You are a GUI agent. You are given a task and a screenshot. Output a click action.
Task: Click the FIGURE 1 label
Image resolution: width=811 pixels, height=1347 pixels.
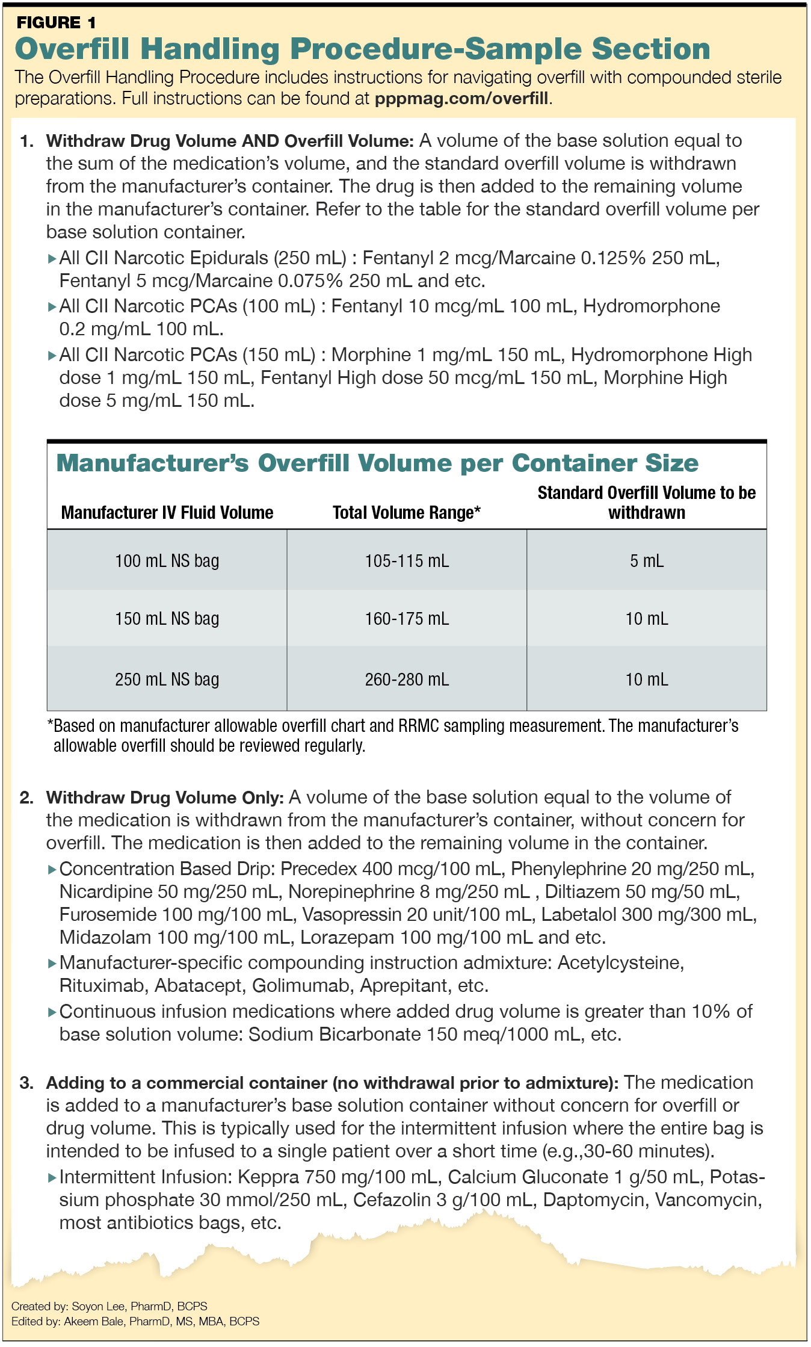56,23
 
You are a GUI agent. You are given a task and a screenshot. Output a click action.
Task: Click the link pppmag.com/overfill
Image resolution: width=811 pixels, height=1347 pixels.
461,99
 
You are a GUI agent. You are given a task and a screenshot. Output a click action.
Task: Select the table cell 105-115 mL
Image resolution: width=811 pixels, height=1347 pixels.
407,561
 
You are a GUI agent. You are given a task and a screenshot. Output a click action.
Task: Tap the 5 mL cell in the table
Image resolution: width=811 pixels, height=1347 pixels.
647,561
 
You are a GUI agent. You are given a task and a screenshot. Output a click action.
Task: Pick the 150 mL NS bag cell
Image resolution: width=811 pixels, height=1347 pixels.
167,619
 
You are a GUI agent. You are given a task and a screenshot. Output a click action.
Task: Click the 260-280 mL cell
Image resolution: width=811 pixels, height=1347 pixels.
407,680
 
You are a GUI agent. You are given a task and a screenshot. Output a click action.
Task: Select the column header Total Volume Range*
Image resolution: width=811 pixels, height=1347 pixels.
407,513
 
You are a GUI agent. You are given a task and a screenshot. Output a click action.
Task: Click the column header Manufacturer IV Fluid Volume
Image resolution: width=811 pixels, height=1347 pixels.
167,513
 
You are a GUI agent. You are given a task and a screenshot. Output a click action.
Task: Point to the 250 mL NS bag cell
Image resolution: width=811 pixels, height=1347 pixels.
167,680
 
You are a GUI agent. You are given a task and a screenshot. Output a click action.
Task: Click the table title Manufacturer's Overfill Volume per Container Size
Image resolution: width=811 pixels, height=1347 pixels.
377,463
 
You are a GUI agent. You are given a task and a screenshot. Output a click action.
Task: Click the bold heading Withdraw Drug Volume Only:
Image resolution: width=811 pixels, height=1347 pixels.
164,798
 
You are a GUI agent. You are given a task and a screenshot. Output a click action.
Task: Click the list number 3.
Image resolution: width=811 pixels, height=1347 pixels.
26,1083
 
